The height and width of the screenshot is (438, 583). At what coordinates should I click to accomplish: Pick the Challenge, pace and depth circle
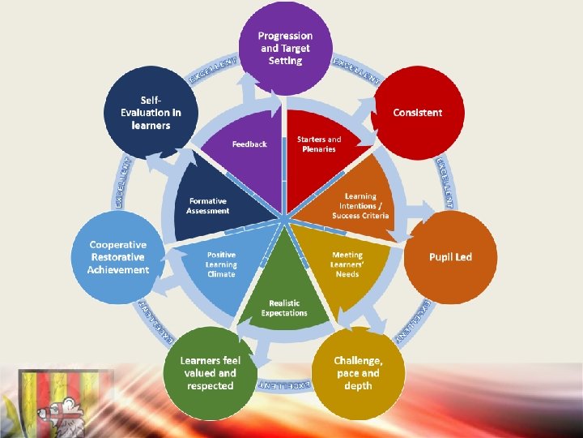click(357, 373)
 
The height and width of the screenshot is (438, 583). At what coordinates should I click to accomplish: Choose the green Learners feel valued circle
click(210, 373)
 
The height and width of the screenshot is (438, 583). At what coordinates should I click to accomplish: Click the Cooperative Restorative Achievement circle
click(119, 256)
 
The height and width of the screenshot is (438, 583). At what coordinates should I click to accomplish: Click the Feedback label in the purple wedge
click(249, 144)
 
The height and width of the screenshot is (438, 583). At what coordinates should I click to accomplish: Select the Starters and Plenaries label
click(319, 144)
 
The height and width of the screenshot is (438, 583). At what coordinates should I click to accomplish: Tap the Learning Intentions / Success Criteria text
click(360, 206)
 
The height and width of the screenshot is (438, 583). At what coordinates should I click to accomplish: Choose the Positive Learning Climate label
click(221, 264)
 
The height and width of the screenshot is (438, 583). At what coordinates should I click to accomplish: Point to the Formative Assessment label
click(208, 206)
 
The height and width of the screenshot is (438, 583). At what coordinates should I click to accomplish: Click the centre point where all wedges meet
click(284, 217)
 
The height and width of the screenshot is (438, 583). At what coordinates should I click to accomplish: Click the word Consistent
click(418, 113)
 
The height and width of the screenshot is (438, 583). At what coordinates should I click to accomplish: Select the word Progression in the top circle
click(285, 36)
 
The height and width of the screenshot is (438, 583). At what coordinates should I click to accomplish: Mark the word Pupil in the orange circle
click(440, 257)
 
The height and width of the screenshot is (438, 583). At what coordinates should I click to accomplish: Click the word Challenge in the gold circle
click(358, 360)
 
